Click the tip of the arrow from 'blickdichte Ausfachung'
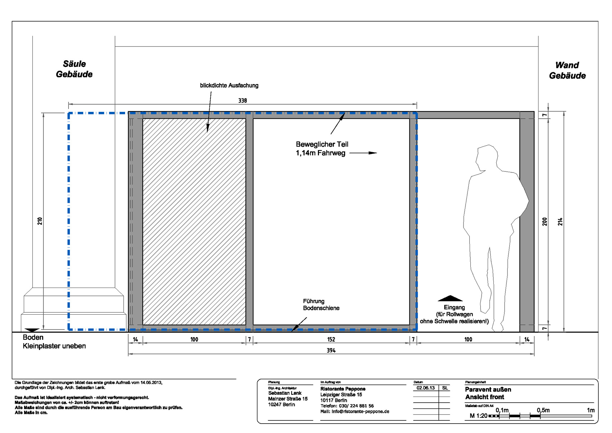[207, 132]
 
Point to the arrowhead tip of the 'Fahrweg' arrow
[377, 153]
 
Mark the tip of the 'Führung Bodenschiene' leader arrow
[291, 331]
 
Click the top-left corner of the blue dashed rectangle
[68, 113]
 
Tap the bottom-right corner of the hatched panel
[245, 325]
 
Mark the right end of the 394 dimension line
[534, 354]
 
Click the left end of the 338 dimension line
[68, 104]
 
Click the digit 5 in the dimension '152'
[331, 340]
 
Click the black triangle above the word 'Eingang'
[450, 298]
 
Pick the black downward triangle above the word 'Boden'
[32, 330]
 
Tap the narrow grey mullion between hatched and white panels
[249, 222]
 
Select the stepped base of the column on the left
[74, 310]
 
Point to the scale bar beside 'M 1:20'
[540, 416]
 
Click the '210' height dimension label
[40, 221]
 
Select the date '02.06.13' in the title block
[425, 388]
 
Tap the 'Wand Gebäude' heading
[567, 70]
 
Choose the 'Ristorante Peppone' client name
[343, 389]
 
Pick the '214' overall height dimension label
[560, 222]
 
